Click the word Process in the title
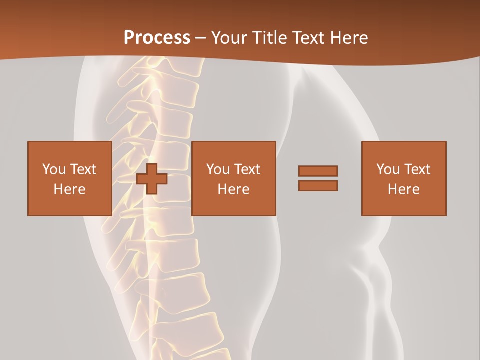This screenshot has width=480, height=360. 157,38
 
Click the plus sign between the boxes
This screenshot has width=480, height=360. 152,179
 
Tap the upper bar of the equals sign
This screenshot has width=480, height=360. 318,171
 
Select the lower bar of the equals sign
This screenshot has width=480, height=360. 318,185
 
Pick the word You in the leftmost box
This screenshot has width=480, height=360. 53,169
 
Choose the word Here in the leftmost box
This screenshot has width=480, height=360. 69,189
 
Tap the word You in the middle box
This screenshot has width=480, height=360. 218,169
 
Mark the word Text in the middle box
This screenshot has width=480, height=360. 247,169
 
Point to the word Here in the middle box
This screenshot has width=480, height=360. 233,189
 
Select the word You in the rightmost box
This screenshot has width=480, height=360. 388,169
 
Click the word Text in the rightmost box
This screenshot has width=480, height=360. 417,169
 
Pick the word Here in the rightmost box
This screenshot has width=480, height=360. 403,189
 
